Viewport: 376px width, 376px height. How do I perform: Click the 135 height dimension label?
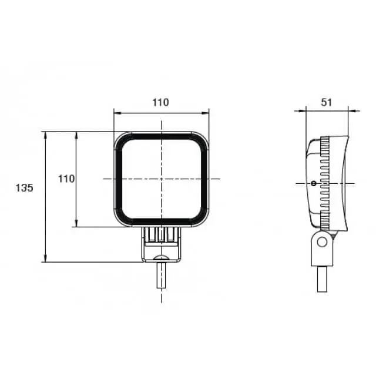pyautogui.click(x=24, y=188)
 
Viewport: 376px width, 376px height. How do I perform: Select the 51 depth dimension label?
pyautogui.click(x=327, y=102)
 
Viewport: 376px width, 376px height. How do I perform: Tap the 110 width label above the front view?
pyautogui.click(x=160, y=102)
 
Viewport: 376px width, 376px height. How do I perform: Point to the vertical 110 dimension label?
pyautogui.click(x=66, y=179)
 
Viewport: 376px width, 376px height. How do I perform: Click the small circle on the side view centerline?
pyautogui.click(x=313, y=184)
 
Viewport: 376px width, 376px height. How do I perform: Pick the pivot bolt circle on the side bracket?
pyautogui.click(x=322, y=242)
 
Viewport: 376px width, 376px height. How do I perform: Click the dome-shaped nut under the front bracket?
pyautogui.click(x=162, y=258)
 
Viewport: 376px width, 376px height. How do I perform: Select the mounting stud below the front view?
pyautogui.click(x=162, y=276)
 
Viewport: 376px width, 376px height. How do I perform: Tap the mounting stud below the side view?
pyautogui.click(x=322, y=279)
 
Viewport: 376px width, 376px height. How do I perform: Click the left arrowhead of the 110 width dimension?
pyautogui.click(x=117, y=113)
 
